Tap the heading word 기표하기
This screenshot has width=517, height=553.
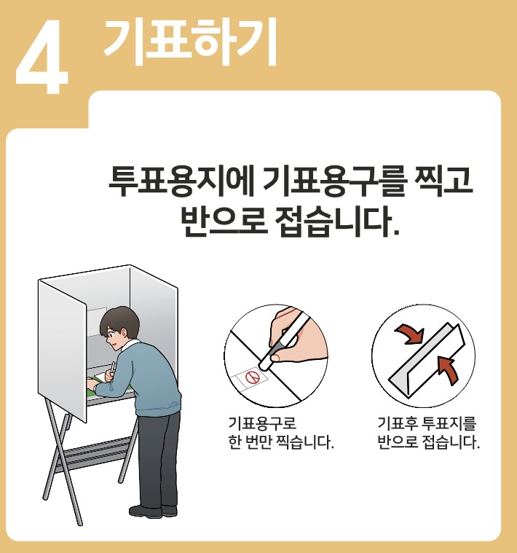189,42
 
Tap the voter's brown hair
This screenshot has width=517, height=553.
115,319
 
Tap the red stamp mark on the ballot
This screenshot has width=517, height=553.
253,377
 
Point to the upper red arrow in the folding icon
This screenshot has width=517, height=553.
410,334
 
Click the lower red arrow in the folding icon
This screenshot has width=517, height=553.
449,369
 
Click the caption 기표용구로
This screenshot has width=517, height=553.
262,423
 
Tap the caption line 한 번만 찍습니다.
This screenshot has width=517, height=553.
280,442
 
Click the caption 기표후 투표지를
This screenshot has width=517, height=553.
427,423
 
